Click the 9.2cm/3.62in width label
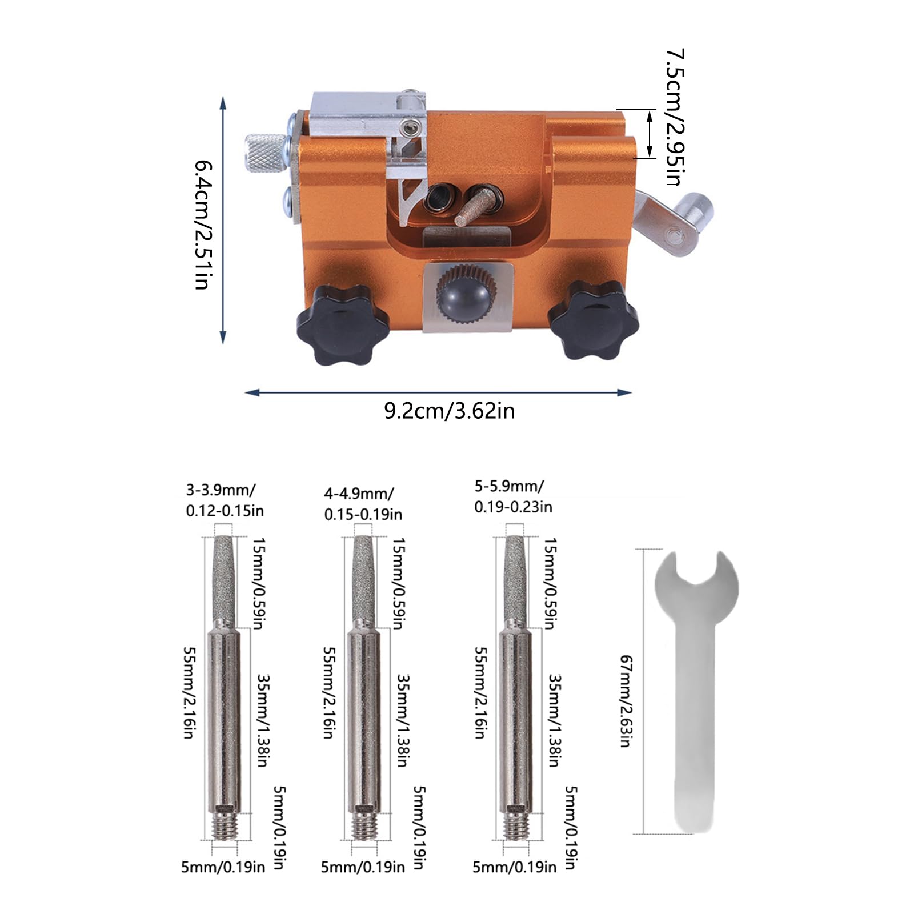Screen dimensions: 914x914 click(449, 411)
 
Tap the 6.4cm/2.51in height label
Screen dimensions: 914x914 click(203, 225)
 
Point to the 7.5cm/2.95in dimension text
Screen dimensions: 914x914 click(675, 118)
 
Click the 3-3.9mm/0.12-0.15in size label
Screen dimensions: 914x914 click(225, 500)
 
